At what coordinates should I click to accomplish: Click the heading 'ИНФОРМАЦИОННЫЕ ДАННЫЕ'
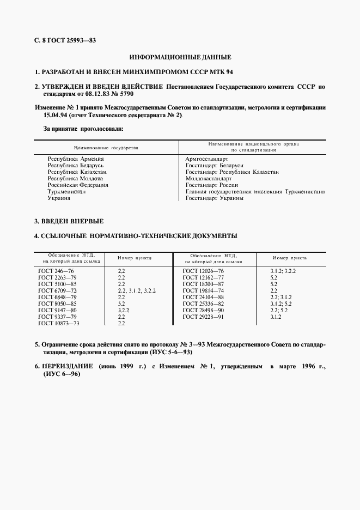click(x=180, y=57)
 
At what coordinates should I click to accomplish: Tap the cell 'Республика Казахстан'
click(x=77, y=172)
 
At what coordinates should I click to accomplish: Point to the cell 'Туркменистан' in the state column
click(x=68, y=192)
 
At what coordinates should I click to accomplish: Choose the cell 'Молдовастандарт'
click(x=209, y=178)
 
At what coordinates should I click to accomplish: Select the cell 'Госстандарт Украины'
click(x=214, y=198)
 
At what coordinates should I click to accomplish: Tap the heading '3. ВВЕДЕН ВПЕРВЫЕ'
click(x=69, y=221)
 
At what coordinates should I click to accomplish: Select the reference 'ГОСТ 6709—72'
click(x=56, y=290)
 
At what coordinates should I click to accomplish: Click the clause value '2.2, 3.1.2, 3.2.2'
click(x=137, y=290)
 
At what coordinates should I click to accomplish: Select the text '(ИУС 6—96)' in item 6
click(x=60, y=375)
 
